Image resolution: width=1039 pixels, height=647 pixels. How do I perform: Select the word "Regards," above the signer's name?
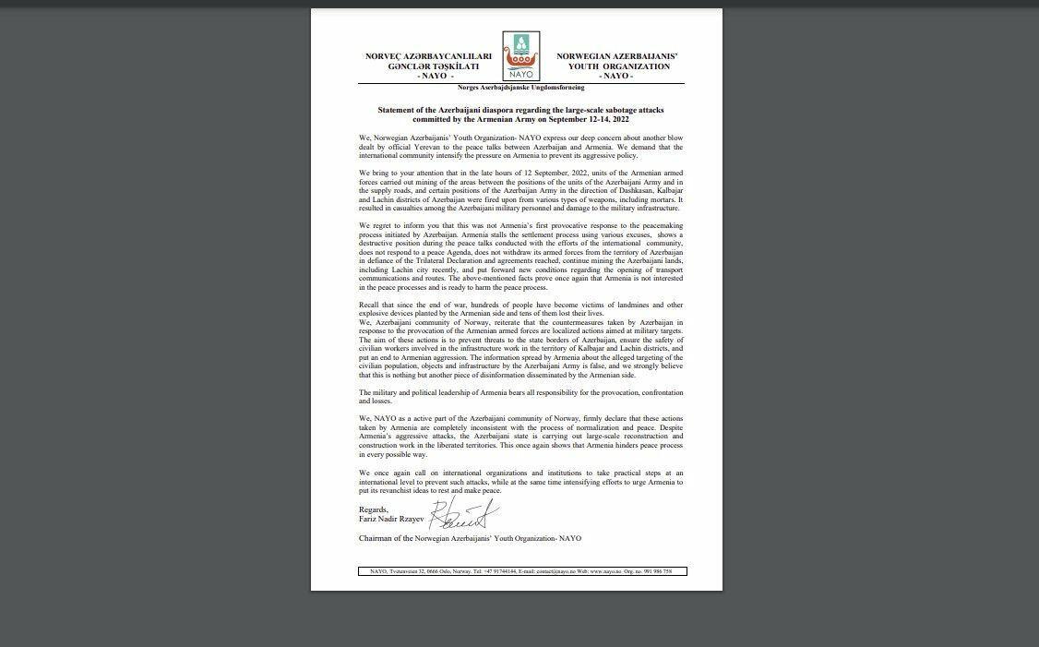373,509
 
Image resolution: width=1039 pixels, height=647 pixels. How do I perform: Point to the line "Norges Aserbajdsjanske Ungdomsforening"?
520,87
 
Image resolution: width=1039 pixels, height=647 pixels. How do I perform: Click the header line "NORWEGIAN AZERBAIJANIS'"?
616,56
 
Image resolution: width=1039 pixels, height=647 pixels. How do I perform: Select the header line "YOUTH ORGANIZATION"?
616,66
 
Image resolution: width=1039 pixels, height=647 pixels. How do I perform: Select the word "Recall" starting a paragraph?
368,303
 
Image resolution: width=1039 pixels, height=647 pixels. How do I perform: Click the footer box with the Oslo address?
521,571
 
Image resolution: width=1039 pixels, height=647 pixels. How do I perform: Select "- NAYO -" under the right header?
616,76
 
